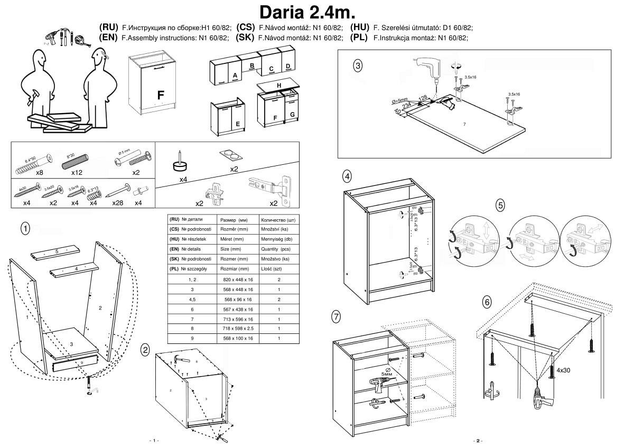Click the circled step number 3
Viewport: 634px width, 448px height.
click(x=358, y=66)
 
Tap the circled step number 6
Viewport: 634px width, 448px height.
click(x=487, y=302)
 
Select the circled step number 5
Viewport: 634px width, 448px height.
click(x=500, y=205)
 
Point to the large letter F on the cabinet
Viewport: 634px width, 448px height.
click(x=161, y=96)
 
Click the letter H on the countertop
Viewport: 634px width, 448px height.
click(x=279, y=85)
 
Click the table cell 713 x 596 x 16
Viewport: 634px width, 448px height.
click(x=238, y=319)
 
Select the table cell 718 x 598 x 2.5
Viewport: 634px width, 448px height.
click(x=238, y=329)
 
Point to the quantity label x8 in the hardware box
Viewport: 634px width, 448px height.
click(x=39, y=172)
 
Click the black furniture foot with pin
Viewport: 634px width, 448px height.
click(x=181, y=163)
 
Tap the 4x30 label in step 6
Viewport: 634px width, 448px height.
click(x=563, y=370)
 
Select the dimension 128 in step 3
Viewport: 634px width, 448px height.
click(x=423, y=98)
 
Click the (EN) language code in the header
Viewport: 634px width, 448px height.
click(x=108, y=38)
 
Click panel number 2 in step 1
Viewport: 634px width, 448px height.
click(x=100, y=307)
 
